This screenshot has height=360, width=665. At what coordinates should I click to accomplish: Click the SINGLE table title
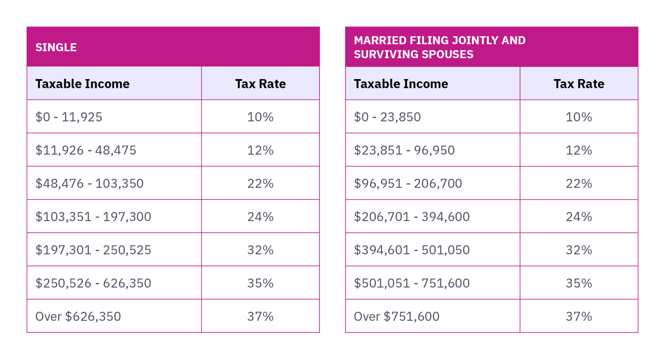click(56, 47)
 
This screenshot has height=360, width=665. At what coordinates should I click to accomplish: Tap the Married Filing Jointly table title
click(439, 47)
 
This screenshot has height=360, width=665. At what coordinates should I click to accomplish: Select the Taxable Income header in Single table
click(82, 84)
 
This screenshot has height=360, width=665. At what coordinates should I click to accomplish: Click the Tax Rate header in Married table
click(579, 84)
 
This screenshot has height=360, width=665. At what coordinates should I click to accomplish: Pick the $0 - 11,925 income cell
click(69, 117)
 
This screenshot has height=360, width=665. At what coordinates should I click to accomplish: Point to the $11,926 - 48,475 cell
click(85, 150)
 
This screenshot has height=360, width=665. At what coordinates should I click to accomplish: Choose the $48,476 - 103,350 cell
click(89, 184)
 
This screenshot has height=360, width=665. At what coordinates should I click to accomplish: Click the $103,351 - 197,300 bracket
click(93, 217)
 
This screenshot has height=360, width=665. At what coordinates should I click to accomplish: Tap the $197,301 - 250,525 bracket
click(93, 250)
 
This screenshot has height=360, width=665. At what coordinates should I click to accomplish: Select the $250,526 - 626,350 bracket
click(93, 283)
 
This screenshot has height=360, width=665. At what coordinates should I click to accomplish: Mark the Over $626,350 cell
click(78, 316)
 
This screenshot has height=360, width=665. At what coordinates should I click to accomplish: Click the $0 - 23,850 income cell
click(387, 117)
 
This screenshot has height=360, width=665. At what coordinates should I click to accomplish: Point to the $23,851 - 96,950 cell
click(404, 150)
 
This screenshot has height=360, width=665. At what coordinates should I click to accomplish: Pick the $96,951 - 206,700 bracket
click(408, 184)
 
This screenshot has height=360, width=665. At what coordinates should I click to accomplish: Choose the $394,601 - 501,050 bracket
click(412, 250)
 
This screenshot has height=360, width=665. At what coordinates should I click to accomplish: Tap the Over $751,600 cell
click(397, 316)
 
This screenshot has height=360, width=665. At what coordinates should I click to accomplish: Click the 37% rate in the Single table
click(260, 316)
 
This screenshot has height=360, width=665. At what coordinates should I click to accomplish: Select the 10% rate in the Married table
click(579, 117)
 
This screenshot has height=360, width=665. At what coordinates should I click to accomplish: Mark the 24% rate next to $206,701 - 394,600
click(579, 217)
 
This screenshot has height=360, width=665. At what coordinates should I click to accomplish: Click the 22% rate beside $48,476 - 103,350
click(260, 184)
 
